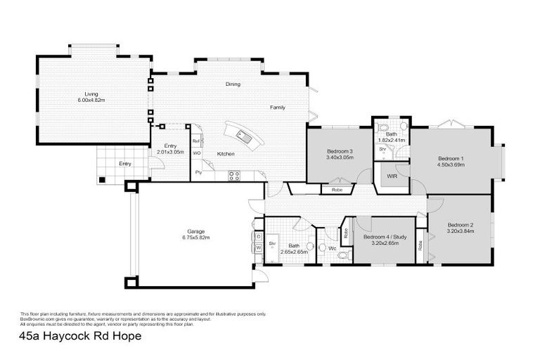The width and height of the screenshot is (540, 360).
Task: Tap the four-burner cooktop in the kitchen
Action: [x=234, y=175]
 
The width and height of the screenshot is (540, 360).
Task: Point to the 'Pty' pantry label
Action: [x=198, y=172]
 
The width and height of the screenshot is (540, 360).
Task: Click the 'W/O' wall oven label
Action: [x=197, y=153]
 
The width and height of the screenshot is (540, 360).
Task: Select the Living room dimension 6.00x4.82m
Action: [x=91, y=101]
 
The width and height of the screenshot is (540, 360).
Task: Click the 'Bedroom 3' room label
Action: [x=340, y=151]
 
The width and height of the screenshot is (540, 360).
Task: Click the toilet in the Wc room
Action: [x=324, y=247]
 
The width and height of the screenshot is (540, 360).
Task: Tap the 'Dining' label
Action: [x=233, y=84]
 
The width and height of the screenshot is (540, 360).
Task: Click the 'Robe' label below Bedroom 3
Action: [x=337, y=189]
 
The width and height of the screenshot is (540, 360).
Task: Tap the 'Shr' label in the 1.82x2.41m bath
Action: [x=383, y=149]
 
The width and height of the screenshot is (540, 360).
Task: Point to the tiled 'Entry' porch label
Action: [x=124, y=164]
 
